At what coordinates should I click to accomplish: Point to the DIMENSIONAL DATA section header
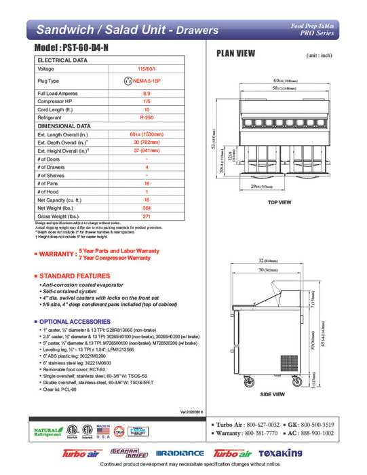point(64,126)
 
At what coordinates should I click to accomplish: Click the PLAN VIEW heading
point(235,54)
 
